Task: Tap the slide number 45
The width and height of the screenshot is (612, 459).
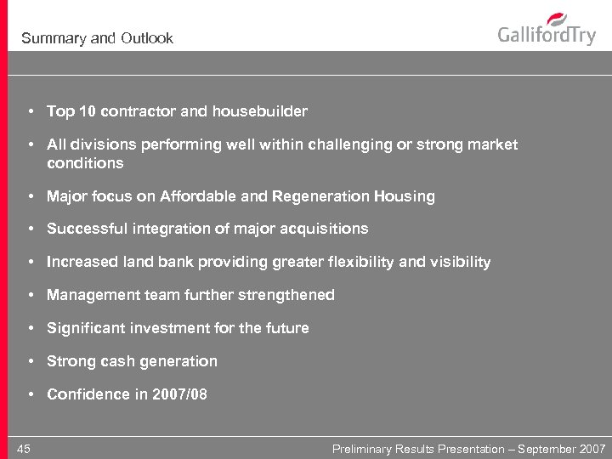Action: pyautogui.click(x=23, y=448)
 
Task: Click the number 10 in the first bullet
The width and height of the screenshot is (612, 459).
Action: pyautogui.click(x=87, y=111)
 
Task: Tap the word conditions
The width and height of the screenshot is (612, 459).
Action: pyautogui.click(x=85, y=162)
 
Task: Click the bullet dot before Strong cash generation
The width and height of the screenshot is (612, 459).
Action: pyautogui.click(x=30, y=361)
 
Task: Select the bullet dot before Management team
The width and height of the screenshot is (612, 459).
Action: pyautogui.click(x=30, y=295)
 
